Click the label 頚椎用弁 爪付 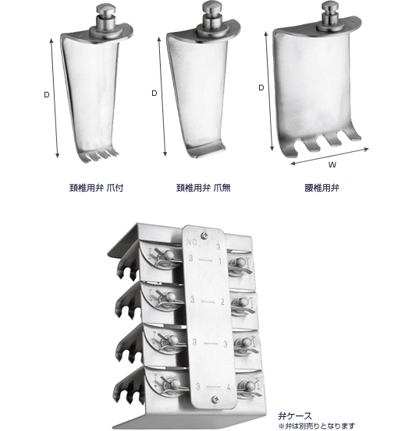(x=96, y=188)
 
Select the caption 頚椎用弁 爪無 (x=203, y=188)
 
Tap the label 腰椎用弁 (x=322, y=188)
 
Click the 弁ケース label (x=294, y=416)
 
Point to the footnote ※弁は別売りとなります (x=317, y=426)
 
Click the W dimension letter (x=332, y=165)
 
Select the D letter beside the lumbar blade (x=261, y=88)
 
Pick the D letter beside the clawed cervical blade (x=47, y=94)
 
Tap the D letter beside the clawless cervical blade (x=155, y=94)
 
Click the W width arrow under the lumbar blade (x=329, y=156)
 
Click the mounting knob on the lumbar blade (x=329, y=16)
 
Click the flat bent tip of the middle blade (x=206, y=150)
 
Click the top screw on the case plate (x=204, y=235)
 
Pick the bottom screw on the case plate (x=215, y=399)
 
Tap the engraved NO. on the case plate (x=192, y=242)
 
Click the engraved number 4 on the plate (x=229, y=387)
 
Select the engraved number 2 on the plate (x=222, y=302)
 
